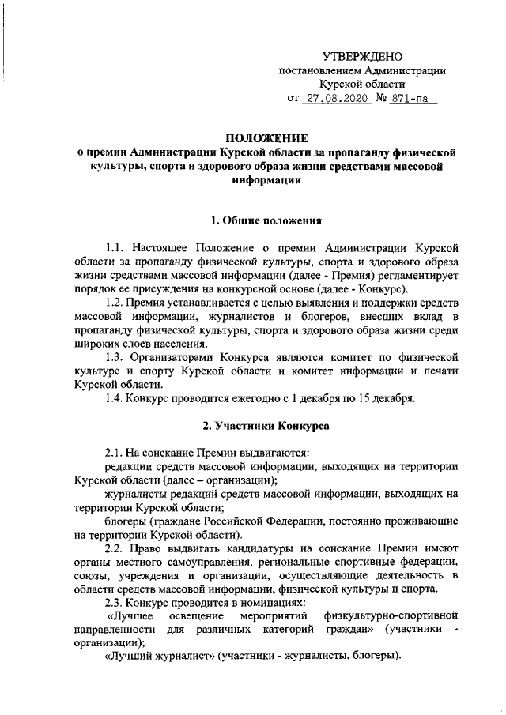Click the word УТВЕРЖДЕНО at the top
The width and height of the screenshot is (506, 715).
362,55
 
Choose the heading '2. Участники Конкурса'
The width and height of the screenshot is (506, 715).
266,426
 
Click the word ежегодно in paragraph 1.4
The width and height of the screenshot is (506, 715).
241,397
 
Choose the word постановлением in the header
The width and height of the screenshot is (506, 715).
316,70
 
